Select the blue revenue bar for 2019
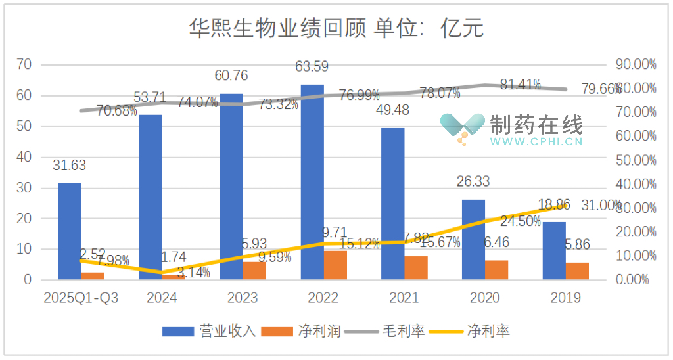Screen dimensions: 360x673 point(554,250)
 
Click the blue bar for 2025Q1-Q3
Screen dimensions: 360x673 point(70,231)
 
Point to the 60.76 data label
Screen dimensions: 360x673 point(231,76)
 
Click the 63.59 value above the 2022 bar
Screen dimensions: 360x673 point(312,66)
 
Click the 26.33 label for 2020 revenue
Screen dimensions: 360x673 point(473,181)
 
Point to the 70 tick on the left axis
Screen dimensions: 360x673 point(25,64)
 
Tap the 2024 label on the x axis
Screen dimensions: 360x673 point(162,298)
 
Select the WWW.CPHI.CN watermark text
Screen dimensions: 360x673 point(536,141)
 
